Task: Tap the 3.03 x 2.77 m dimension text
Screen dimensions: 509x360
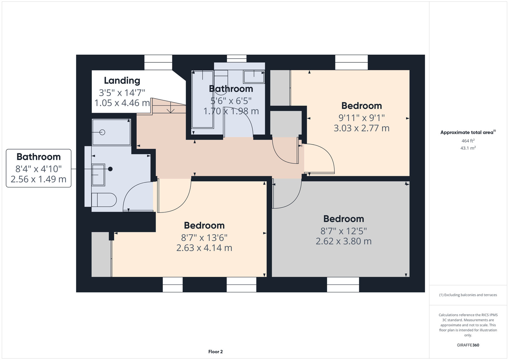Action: [x=361, y=128]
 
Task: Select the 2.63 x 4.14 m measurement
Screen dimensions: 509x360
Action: [x=204, y=248]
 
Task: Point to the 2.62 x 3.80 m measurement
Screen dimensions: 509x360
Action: [x=343, y=241]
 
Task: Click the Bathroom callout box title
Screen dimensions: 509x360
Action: [x=39, y=157]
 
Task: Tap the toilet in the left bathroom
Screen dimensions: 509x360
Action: [x=104, y=200]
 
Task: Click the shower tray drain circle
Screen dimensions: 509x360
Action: [x=102, y=132]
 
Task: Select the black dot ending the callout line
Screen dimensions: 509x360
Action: [x=110, y=169]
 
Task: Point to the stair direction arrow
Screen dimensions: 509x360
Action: [x=170, y=107]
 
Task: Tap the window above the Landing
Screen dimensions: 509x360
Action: [x=158, y=63]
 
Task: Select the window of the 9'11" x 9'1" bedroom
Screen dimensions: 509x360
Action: [x=351, y=63]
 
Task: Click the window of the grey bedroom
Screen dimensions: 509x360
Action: [x=343, y=284]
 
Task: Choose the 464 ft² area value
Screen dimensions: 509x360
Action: [x=468, y=141]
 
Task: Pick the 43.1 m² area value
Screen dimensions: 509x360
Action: [x=468, y=148]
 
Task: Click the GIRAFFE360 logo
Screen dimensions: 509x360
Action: [x=468, y=345]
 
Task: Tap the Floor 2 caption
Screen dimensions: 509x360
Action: [x=215, y=352]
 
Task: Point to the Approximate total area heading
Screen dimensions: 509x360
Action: [x=468, y=132]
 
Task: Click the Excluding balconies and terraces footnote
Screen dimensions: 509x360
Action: [x=468, y=295]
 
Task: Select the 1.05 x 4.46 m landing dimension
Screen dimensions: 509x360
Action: [x=122, y=103]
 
